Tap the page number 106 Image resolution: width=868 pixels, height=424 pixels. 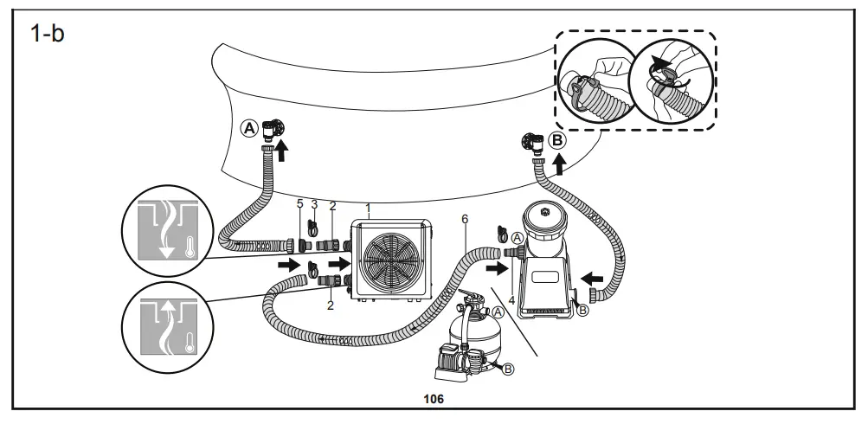tap(433, 399)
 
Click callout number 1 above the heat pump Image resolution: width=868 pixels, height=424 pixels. tap(368, 209)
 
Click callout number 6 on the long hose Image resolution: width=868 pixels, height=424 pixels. tap(465, 220)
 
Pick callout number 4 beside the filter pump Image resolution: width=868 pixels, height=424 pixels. tap(511, 300)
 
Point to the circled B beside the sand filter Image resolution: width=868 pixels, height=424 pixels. tap(508, 369)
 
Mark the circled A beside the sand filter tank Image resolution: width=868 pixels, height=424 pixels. tap(498, 312)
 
